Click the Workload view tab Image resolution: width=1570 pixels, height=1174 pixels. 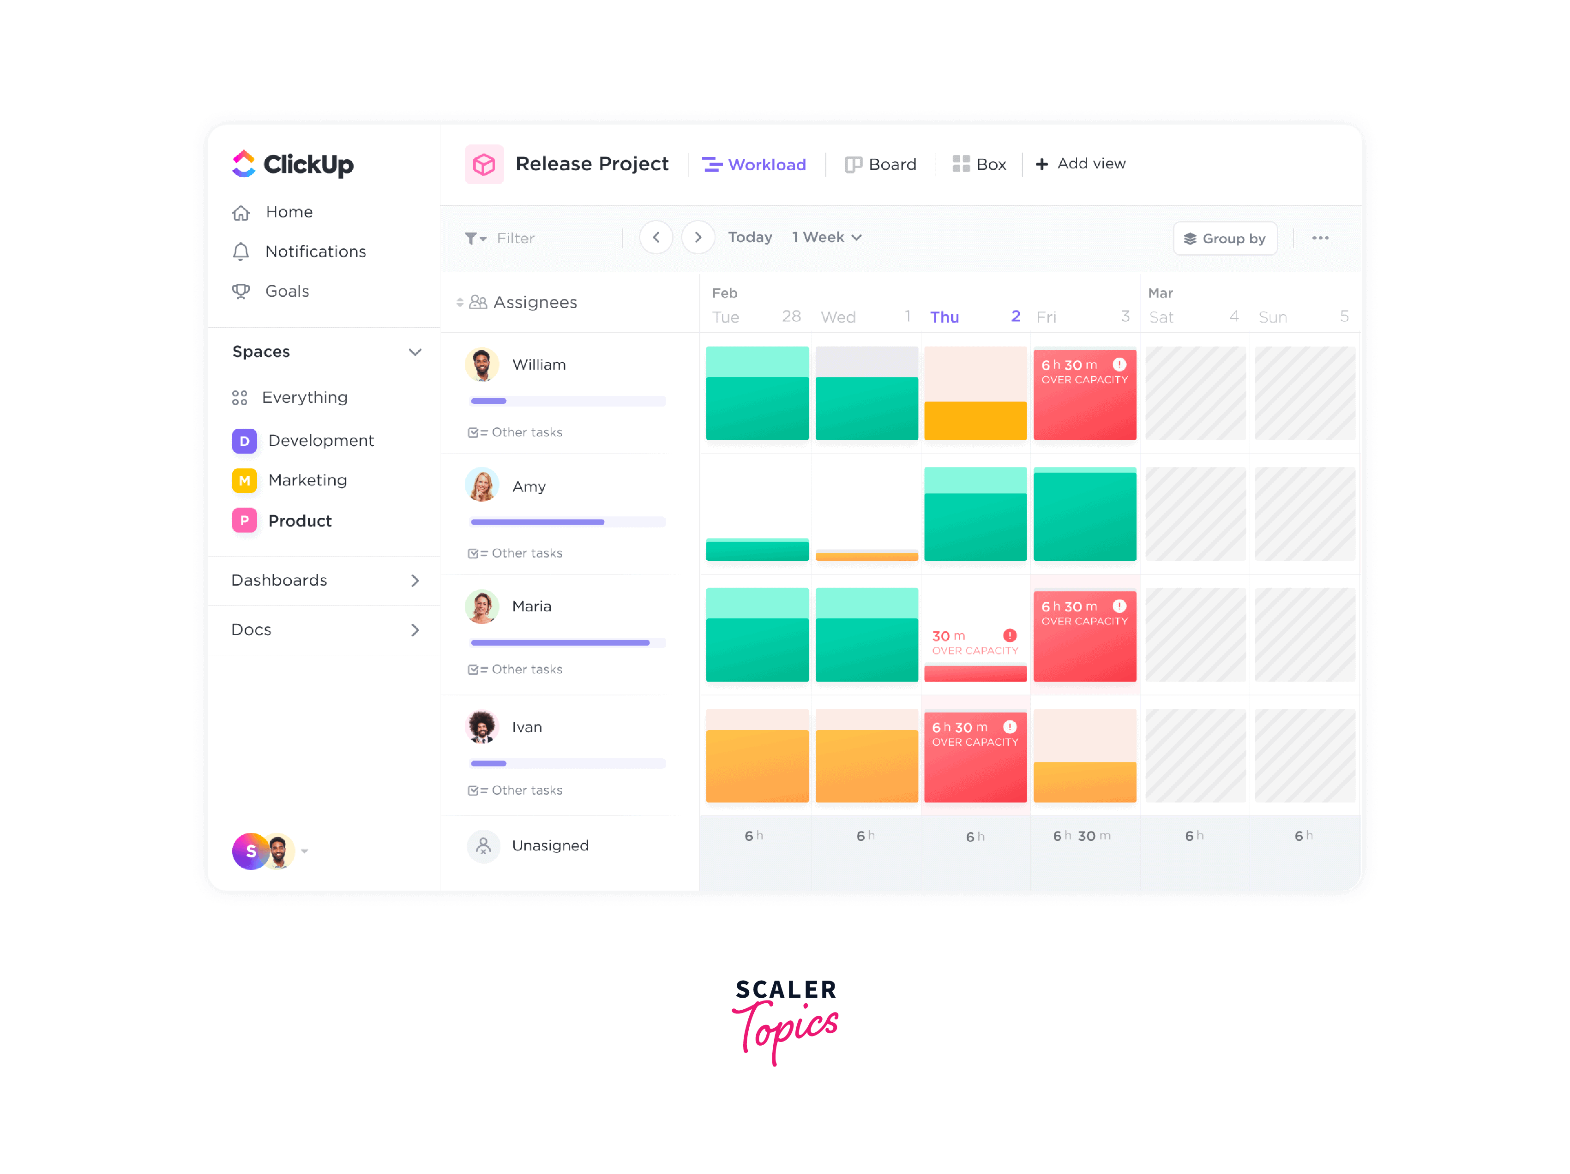pyautogui.click(x=754, y=165)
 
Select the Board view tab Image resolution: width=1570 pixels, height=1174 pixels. pyautogui.click(x=880, y=165)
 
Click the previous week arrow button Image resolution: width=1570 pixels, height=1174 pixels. pyautogui.click(x=656, y=238)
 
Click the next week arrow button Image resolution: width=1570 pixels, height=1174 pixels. pyautogui.click(x=698, y=238)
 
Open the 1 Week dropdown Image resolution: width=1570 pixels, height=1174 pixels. pyautogui.click(x=826, y=238)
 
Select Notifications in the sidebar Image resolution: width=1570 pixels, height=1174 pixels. pyautogui.click(x=315, y=252)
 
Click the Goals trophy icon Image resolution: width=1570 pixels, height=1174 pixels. pyautogui.click(x=241, y=292)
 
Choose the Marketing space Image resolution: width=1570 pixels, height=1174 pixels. pyautogui.click(x=307, y=480)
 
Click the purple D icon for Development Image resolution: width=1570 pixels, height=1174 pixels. pyautogui.click(x=244, y=441)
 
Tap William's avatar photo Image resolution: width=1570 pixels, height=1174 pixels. pyautogui.click(x=482, y=365)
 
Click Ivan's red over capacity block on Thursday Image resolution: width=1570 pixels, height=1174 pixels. pyautogui.click(x=974, y=756)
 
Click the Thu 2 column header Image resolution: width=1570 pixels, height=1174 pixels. pyautogui.click(x=974, y=317)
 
